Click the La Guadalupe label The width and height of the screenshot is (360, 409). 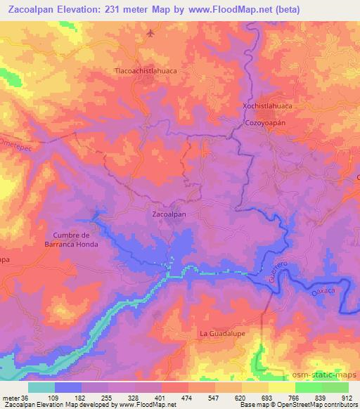click(x=222, y=333)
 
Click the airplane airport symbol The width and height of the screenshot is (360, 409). click(x=150, y=33)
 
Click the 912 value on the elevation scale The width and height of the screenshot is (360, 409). click(x=347, y=398)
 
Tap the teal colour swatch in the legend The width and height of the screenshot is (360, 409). click(x=41, y=387)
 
